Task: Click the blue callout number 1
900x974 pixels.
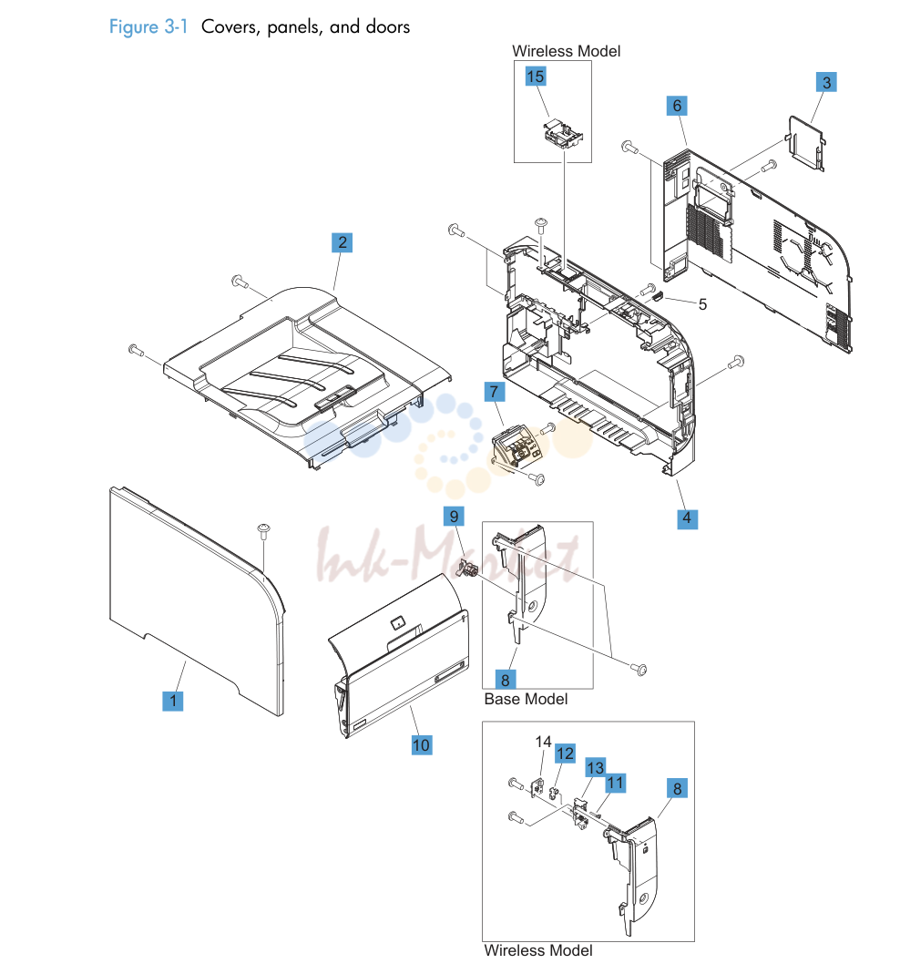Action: click(173, 701)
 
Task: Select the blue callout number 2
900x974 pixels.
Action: click(343, 242)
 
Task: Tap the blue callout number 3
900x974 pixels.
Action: click(826, 82)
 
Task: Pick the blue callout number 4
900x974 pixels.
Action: click(687, 518)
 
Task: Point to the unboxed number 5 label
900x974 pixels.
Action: click(702, 304)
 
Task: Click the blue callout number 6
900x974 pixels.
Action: click(677, 106)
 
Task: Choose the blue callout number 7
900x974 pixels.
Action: click(495, 392)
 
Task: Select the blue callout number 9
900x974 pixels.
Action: click(454, 517)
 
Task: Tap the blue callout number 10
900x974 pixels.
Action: click(421, 744)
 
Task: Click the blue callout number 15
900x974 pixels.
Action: click(536, 77)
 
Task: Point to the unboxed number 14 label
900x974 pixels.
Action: click(543, 742)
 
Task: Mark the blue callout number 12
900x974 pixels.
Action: click(565, 754)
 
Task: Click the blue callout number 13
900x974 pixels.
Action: click(595, 768)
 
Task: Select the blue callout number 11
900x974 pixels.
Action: click(615, 783)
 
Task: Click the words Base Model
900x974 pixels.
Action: click(526, 700)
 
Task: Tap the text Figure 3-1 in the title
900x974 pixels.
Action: click(148, 26)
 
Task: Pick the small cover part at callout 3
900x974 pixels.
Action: click(807, 142)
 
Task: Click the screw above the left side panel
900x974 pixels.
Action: click(264, 530)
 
